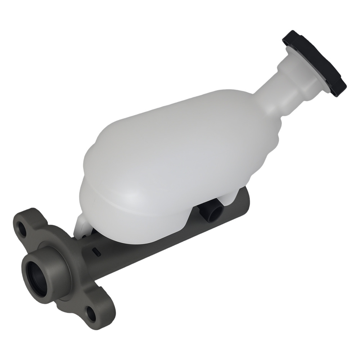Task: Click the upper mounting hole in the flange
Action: coord(22,231)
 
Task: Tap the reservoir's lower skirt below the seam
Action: coord(137,220)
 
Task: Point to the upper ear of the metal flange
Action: coord(27,223)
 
